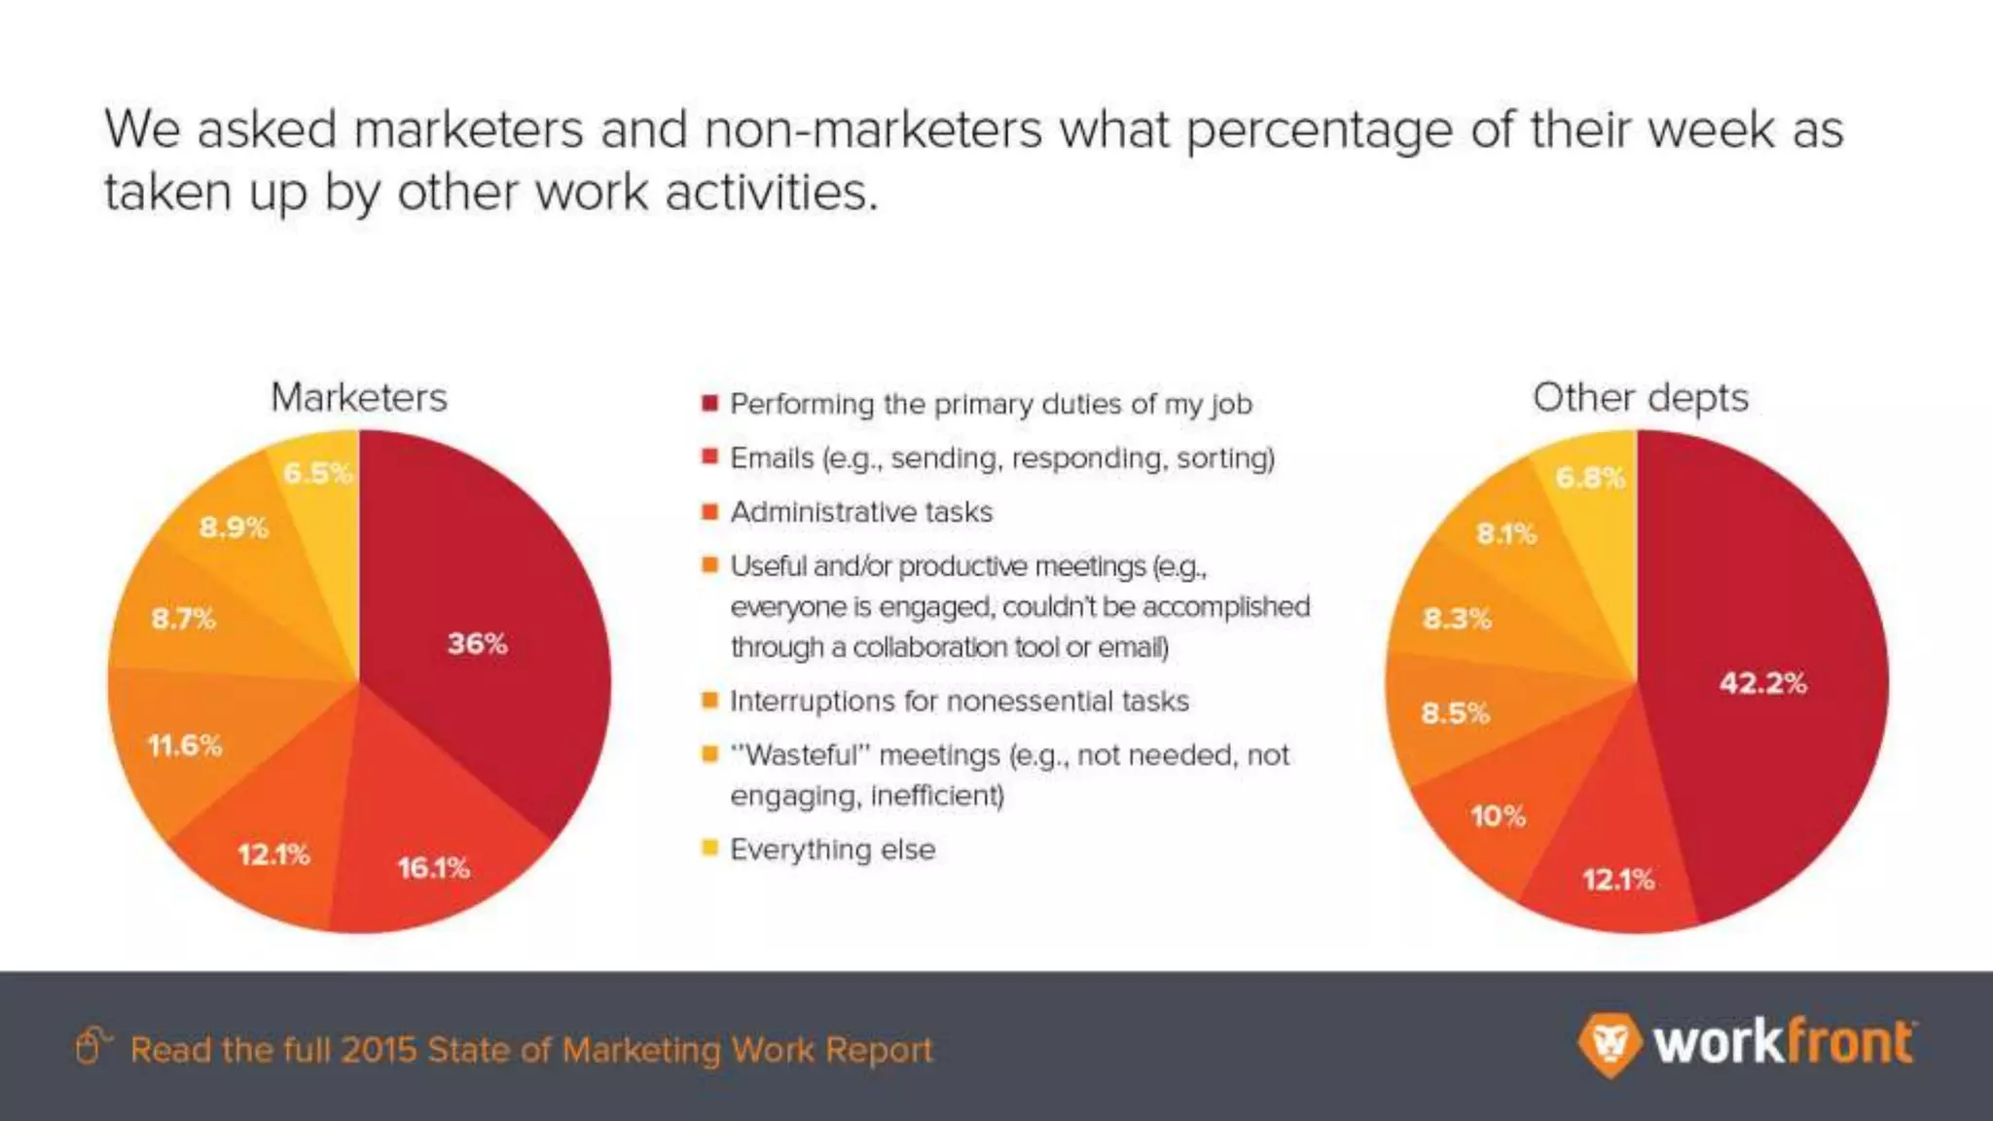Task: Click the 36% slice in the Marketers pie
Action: point(477,643)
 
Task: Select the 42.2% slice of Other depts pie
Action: point(1762,682)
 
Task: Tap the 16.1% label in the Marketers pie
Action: point(433,867)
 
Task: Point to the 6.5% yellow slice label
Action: point(317,474)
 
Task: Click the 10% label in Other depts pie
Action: point(1498,815)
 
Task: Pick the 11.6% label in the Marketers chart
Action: point(185,745)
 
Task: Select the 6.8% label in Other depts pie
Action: point(1590,478)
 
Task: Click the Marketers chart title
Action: point(359,397)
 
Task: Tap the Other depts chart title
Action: point(1641,397)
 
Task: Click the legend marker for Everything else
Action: point(709,848)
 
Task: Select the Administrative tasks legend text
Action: point(861,512)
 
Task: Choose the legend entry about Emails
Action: point(1002,457)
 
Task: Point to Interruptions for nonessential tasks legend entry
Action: point(960,701)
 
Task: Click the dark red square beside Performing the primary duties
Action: point(709,403)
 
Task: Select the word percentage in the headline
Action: point(1319,129)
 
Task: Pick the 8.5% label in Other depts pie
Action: point(1455,713)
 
